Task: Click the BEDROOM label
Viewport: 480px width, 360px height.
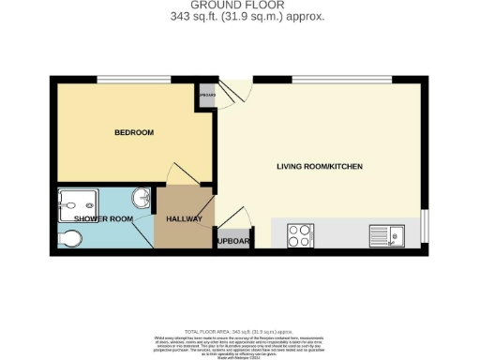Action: coord(133,133)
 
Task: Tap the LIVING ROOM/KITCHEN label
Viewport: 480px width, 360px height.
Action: coord(319,167)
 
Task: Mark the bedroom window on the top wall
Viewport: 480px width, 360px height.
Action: coord(124,79)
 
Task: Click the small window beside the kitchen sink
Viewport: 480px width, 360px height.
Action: coord(424,226)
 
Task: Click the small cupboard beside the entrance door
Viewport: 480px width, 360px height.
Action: coord(206,96)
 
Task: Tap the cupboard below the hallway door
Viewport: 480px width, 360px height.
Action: coord(234,240)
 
